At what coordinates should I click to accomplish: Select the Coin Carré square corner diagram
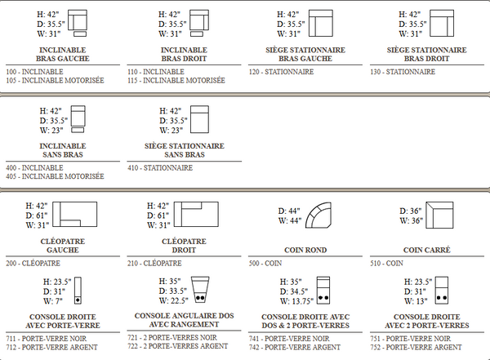(x=439, y=215)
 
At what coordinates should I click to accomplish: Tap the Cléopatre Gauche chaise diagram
(x=74, y=215)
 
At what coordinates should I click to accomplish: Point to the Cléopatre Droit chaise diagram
(x=196, y=215)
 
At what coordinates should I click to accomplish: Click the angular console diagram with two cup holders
(x=200, y=290)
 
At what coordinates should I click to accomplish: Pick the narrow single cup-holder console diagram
(x=78, y=291)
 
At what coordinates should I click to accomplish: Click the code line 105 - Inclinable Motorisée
(x=55, y=80)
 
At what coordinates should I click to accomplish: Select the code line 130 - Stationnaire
(x=403, y=72)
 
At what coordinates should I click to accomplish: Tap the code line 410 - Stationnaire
(x=160, y=168)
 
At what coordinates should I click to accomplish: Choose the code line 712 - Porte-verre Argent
(x=52, y=347)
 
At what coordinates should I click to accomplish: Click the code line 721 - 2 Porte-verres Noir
(x=172, y=337)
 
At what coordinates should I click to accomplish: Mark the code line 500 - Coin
(x=265, y=263)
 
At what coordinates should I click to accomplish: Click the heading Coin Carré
(x=427, y=250)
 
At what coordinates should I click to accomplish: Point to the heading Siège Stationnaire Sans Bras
(x=185, y=150)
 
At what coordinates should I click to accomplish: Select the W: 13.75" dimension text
(x=296, y=301)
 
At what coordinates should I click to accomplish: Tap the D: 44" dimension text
(x=289, y=211)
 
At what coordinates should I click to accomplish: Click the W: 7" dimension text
(x=53, y=301)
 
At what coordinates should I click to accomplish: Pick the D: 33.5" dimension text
(x=173, y=291)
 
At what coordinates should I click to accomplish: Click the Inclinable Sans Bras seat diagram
(x=78, y=119)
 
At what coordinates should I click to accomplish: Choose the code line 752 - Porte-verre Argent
(x=416, y=347)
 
